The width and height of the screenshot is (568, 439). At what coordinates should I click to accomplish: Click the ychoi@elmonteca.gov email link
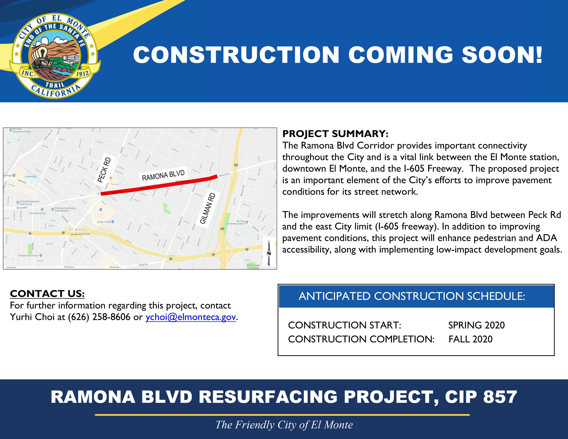[x=191, y=317]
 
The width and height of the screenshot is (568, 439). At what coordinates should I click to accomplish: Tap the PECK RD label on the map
[x=104, y=170]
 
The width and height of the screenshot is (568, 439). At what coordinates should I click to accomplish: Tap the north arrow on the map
[x=269, y=252]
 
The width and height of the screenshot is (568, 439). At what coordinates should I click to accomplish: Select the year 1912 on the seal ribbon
[x=82, y=74]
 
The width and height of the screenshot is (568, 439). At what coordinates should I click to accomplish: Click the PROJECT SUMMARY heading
[x=335, y=134]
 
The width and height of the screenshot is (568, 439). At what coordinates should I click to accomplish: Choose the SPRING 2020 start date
[x=476, y=325]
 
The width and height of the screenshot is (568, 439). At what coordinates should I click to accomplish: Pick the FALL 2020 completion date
[x=471, y=339]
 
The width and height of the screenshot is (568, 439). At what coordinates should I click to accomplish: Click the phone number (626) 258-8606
[x=99, y=317]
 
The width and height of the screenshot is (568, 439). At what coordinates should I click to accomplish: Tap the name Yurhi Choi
[x=32, y=317]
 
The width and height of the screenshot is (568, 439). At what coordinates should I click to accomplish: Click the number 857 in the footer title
[x=500, y=397]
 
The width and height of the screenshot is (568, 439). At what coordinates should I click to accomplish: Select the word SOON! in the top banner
[x=502, y=55]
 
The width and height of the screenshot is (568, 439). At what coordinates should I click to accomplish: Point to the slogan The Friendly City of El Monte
[x=284, y=425]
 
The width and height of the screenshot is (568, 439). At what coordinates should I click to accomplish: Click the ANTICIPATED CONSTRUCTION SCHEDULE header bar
[x=416, y=296]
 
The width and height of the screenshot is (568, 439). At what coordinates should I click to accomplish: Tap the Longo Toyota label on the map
[x=104, y=222]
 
